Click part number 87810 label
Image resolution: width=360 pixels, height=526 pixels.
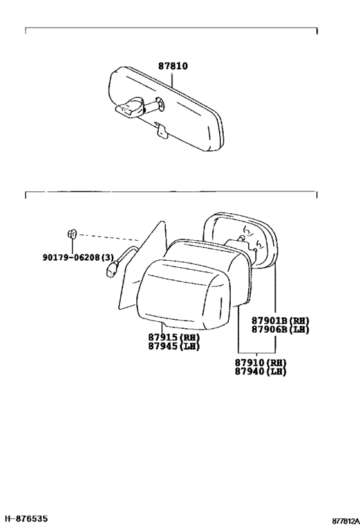coord(173,66)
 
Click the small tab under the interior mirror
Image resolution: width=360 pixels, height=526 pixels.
coord(163,132)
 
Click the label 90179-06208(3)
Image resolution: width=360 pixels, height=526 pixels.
coord(78,258)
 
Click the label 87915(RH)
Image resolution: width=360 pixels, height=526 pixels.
coord(174,337)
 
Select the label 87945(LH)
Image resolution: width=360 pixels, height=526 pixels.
coord(174,346)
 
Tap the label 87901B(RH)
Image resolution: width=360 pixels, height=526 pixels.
coord(280,320)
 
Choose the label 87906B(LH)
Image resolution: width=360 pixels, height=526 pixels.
coord(280,329)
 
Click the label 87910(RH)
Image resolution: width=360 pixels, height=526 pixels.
coord(260,363)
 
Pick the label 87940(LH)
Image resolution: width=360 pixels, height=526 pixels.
coord(260,371)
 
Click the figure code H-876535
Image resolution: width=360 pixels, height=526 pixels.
coord(24,519)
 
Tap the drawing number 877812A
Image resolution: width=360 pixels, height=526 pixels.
coord(346,521)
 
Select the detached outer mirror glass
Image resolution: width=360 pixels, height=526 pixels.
coord(241,240)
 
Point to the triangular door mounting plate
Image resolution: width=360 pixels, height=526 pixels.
coord(143,265)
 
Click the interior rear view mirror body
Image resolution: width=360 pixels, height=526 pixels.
coord(166,109)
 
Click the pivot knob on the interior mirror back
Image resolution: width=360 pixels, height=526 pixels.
coord(161,103)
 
